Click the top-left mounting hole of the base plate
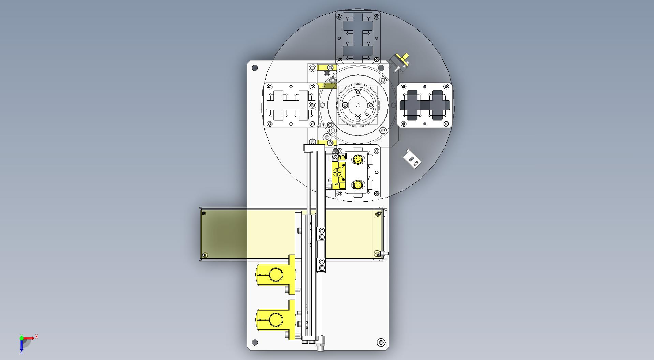click(255, 68)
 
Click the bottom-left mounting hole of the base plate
click(255, 342)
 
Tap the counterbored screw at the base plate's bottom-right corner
click(381, 342)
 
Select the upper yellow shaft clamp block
click(276, 274)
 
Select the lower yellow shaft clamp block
click(276, 320)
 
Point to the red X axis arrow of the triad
click(29, 338)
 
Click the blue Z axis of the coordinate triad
click(21, 345)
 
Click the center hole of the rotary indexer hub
click(358, 105)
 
